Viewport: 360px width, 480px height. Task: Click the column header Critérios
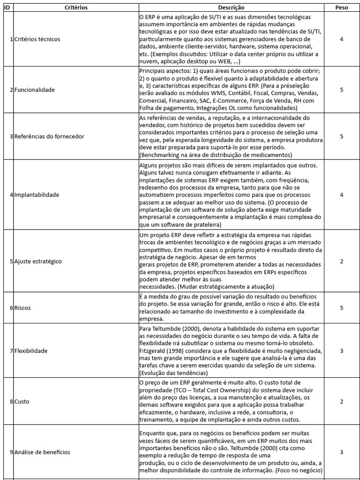coord(76,8)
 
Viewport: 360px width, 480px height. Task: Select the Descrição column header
coord(231,8)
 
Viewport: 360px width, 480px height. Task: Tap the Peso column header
coord(342,8)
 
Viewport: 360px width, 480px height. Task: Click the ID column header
coord(6,8)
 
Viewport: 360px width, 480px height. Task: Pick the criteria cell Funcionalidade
coord(34,90)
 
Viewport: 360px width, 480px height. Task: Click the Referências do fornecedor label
coord(49,136)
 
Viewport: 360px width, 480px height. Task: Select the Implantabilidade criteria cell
coord(37,195)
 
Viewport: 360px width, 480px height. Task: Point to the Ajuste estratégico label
coord(38,261)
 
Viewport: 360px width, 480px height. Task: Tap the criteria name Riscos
coord(22,307)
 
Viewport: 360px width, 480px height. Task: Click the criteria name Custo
coord(22,402)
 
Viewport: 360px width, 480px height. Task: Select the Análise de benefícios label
coord(42,452)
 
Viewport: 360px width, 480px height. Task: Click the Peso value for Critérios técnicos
coord(342,39)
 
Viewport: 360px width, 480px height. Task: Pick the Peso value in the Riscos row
coord(342,307)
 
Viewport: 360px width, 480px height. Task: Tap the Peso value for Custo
coord(342,402)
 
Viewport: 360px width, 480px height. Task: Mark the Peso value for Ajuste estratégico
coord(342,261)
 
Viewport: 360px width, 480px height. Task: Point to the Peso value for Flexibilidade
coord(342,351)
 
